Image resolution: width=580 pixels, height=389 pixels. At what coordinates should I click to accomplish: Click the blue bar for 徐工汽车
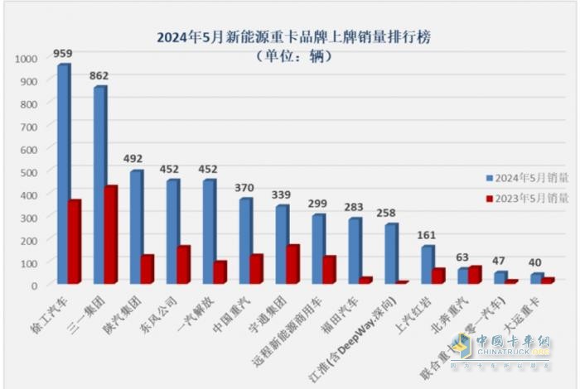[x=62, y=174]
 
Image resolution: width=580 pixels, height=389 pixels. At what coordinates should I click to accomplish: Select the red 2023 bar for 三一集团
[x=110, y=235]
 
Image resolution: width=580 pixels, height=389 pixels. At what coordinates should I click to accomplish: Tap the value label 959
[x=62, y=54]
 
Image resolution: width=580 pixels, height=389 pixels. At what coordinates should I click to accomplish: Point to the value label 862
[x=99, y=75]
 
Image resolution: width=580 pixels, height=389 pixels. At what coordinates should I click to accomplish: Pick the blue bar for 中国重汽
[x=245, y=241]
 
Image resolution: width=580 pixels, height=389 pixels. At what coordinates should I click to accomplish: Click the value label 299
[x=319, y=203]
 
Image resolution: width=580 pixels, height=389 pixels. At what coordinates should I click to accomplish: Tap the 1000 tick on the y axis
[x=27, y=59]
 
